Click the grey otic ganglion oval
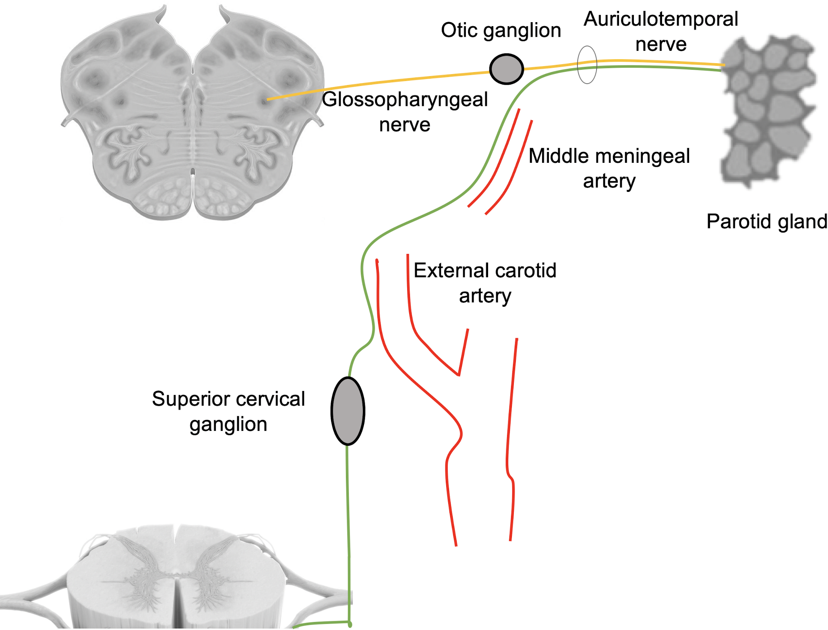tap(506, 69)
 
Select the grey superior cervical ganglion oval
tap(348, 411)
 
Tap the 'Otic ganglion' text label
tap(501, 30)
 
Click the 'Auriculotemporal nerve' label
tap(660, 31)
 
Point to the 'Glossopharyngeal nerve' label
tap(405, 112)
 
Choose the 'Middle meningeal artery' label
tap(609, 168)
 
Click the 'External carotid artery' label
tap(485, 283)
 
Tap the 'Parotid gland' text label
tap(766, 221)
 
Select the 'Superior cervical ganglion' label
tap(228, 411)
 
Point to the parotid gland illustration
tap(767, 111)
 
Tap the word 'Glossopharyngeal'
tap(405, 100)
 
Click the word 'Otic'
tap(459, 30)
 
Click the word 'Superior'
tap(186, 399)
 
